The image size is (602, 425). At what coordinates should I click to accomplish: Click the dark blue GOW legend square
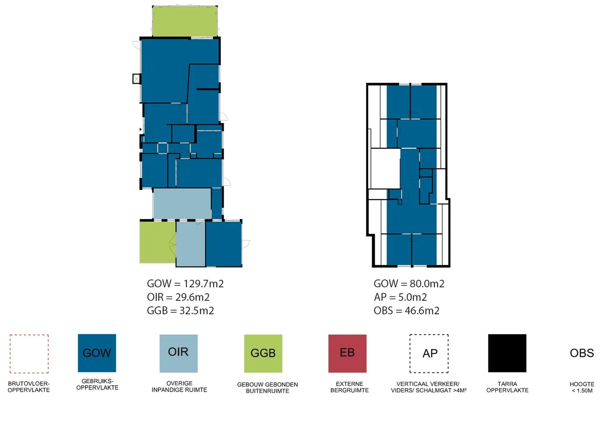pyautogui.click(x=97, y=353)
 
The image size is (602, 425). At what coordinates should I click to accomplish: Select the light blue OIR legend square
pyautogui.click(x=179, y=353)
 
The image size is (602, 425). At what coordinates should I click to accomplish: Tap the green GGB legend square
pyautogui.click(x=263, y=353)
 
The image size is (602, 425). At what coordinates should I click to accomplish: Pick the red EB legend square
pyautogui.click(x=347, y=353)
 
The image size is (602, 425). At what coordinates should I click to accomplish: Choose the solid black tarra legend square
pyautogui.click(x=507, y=353)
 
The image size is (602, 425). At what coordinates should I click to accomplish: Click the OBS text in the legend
pyautogui.click(x=582, y=353)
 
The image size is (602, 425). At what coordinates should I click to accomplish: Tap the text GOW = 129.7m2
pyautogui.click(x=185, y=283)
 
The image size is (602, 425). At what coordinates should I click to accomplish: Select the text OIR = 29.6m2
pyautogui.click(x=178, y=297)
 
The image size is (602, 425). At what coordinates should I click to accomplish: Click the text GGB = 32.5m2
pyautogui.click(x=180, y=311)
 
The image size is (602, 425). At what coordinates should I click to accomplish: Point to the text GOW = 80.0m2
pyautogui.click(x=409, y=283)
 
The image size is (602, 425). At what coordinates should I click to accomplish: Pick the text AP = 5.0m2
pyautogui.click(x=400, y=297)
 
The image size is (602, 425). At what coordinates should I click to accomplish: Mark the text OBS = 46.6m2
pyautogui.click(x=406, y=311)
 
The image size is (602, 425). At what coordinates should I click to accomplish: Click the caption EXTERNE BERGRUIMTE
pyautogui.click(x=349, y=387)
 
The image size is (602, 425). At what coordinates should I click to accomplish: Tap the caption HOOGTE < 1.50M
pyautogui.click(x=582, y=387)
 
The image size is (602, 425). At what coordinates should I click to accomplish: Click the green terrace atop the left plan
pyautogui.click(x=185, y=21)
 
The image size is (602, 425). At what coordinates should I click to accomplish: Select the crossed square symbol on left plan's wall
pyautogui.click(x=137, y=79)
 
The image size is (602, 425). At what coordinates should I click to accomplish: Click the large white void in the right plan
pyautogui.click(x=385, y=168)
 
